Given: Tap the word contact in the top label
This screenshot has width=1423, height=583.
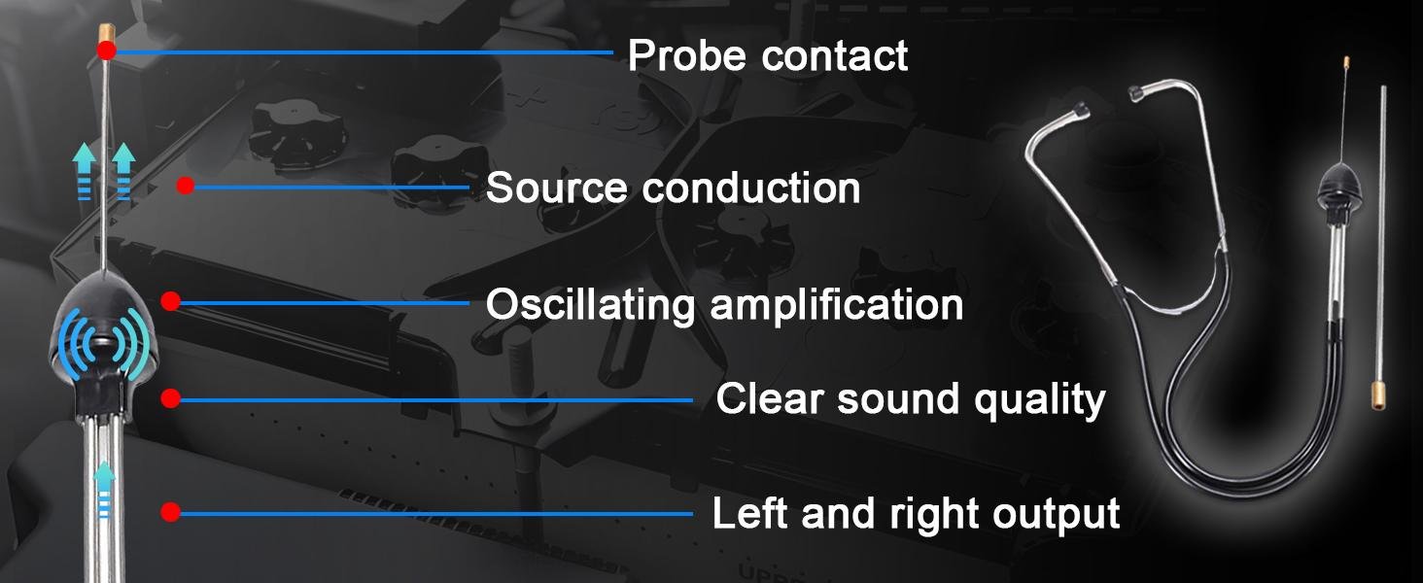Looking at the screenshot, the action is click(x=835, y=56).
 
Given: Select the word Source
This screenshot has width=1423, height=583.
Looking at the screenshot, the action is click(x=557, y=188).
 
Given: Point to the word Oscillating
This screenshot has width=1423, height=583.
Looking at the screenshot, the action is click(x=591, y=306).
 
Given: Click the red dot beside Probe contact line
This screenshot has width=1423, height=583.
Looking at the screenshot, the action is click(x=107, y=51).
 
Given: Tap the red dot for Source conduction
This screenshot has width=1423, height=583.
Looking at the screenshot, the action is click(x=185, y=186).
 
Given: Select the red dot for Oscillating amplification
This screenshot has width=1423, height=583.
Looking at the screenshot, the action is click(x=170, y=301).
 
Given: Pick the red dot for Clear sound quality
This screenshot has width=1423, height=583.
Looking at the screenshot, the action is click(x=170, y=398).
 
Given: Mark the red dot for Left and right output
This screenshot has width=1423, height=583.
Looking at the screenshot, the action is click(x=170, y=512).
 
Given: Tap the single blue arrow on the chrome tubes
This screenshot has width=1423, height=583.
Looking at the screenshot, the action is click(x=104, y=488).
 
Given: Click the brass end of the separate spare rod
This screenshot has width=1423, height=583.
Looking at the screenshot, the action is click(x=1377, y=395).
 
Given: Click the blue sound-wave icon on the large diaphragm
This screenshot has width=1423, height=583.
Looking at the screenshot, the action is click(x=102, y=344).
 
